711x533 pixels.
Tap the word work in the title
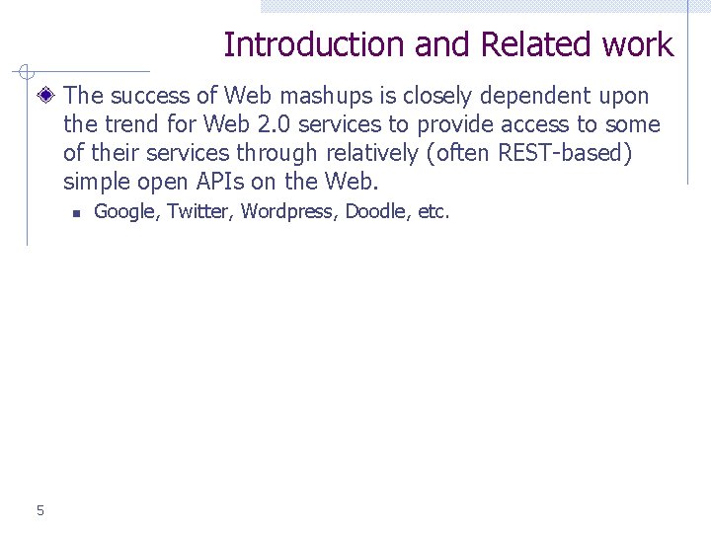click(637, 45)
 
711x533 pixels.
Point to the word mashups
click(319, 96)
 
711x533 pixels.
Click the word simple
click(95, 182)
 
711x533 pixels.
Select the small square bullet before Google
click(74, 212)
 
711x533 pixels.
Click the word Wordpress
click(289, 211)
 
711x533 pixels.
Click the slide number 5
click(39, 510)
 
